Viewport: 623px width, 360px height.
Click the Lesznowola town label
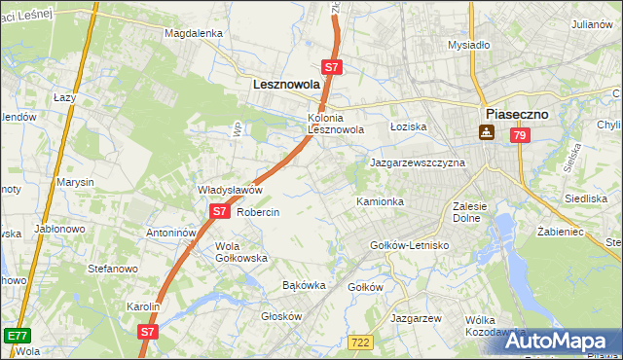(286, 85)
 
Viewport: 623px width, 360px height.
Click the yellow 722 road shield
(359, 342)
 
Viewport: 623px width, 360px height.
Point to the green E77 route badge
(16, 335)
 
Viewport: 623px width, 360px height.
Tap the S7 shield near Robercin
(219, 211)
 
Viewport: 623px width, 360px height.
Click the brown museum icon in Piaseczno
(486, 133)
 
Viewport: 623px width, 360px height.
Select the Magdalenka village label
(194, 32)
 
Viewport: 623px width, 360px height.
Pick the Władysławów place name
(231, 190)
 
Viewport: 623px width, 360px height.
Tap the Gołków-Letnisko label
(409, 245)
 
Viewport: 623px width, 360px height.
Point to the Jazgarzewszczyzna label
(417, 162)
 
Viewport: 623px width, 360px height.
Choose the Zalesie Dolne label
(475, 212)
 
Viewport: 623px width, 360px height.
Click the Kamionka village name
(380, 201)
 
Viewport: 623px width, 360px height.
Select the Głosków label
(282, 316)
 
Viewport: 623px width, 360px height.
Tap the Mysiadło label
(467, 45)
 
